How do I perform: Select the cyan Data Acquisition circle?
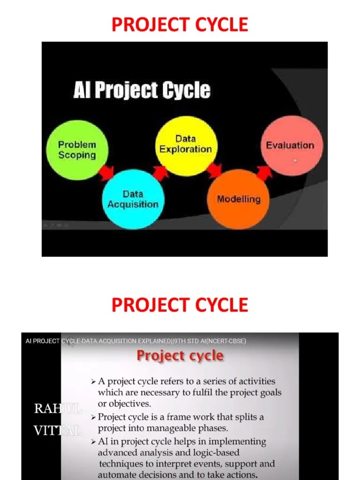[x=133, y=199]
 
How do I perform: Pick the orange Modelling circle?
[x=238, y=199]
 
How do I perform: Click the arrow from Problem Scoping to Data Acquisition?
[x=106, y=173]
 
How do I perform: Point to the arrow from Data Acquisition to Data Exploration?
[x=160, y=173]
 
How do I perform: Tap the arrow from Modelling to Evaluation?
[x=264, y=172]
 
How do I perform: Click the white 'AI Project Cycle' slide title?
[x=142, y=90]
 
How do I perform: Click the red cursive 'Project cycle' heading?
[x=180, y=356]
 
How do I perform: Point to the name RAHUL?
[x=58, y=409]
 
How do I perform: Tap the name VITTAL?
[x=58, y=430]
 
